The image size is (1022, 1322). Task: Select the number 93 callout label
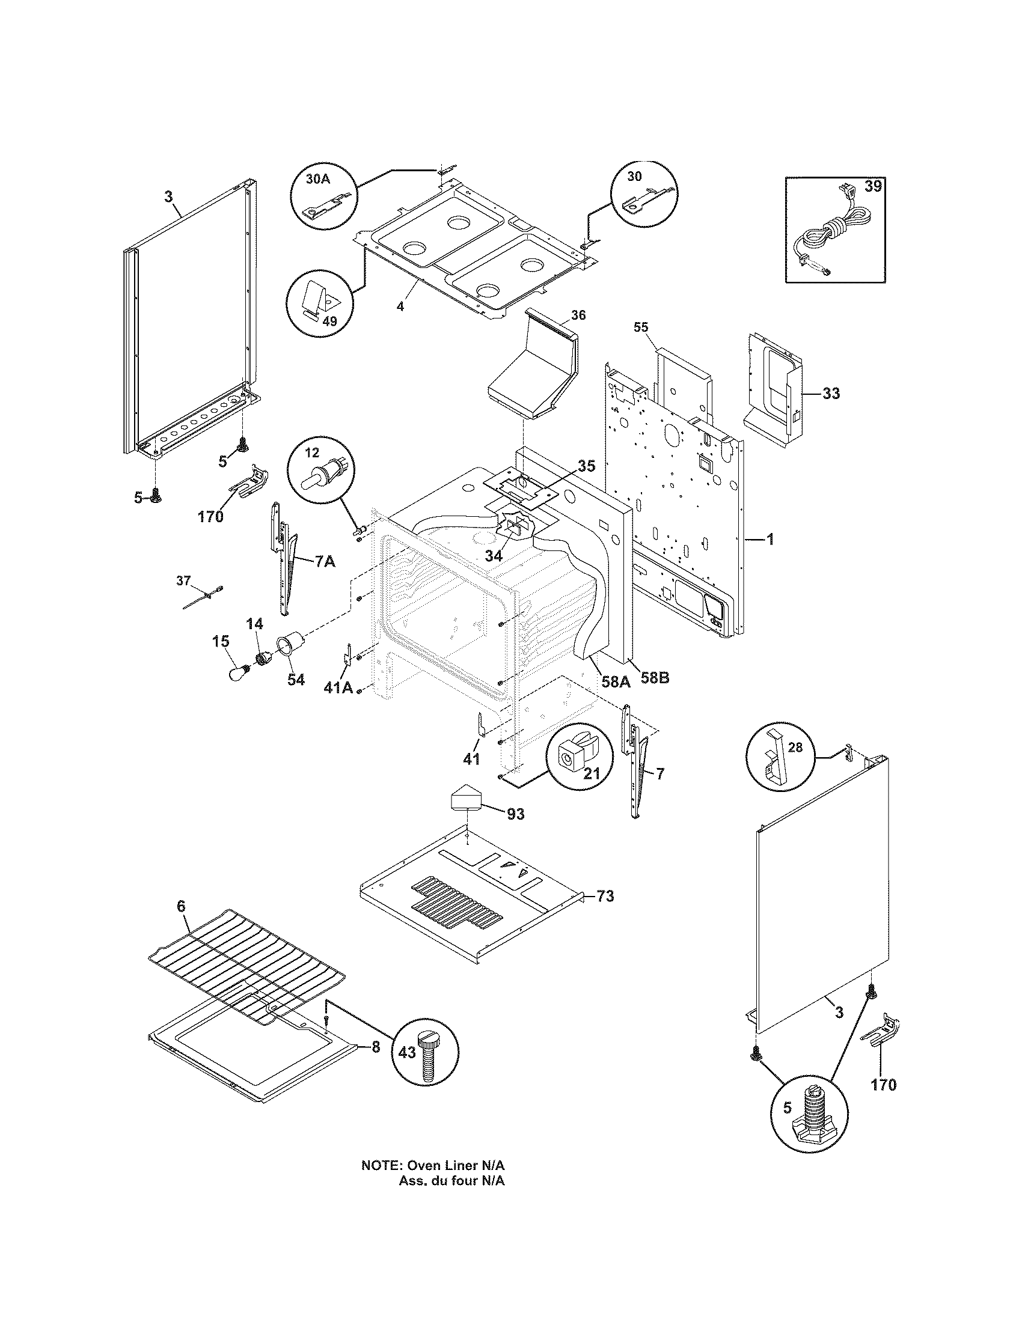click(516, 814)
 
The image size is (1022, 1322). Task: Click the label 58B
click(655, 678)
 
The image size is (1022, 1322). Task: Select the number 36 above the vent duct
click(578, 315)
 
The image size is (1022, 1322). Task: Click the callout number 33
click(831, 394)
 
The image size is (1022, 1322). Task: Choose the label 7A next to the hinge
click(325, 562)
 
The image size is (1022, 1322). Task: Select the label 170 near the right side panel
click(883, 1085)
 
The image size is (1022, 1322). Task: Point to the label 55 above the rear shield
click(641, 327)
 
